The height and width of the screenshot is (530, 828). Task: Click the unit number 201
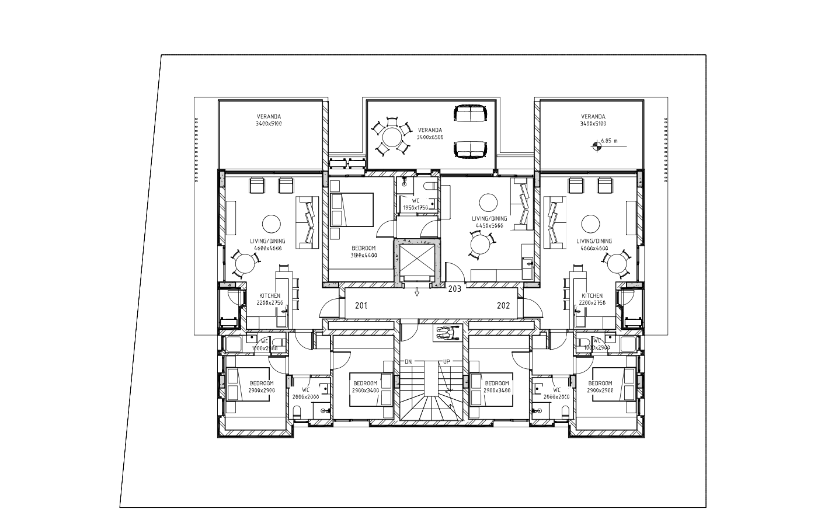point(361,305)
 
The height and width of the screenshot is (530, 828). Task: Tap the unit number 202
point(503,305)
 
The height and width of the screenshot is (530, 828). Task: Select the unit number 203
point(454,288)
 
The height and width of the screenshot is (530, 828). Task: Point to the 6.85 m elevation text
point(609,141)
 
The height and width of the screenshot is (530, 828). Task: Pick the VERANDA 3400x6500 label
point(430,134)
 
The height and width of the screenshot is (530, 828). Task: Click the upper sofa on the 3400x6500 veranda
point(471,113)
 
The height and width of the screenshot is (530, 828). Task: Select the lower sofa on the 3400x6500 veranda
point(471,150)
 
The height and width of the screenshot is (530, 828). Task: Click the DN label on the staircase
point(408,362)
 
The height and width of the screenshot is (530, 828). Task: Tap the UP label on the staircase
point(446,362)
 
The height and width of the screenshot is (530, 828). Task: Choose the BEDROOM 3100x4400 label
point(364,252)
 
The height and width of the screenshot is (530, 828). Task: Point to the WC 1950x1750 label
point(416,204)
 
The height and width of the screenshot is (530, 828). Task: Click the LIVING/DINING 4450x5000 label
point(489,222)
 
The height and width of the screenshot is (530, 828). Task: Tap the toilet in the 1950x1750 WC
point(430,186)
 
